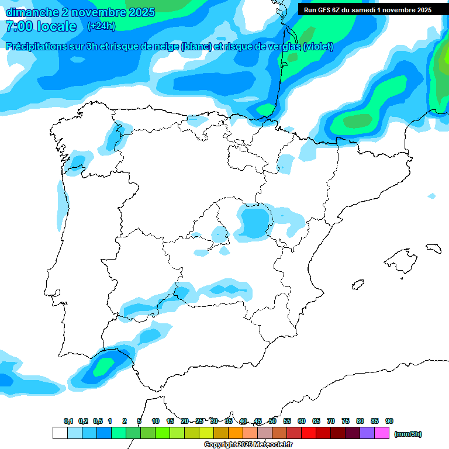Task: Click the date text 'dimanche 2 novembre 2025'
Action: point(80,12)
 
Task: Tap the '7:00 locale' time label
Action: point(41,26)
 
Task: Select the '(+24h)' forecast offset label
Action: point(101,26)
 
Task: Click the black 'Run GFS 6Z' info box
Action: point(368,9)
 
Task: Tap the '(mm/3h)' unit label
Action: point(407,434)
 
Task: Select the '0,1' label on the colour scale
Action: point(68,422)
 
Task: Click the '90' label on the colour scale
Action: point(389,422)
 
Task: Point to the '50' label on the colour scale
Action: point(272,422)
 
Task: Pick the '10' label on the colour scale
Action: point(156,422)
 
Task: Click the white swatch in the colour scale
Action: point(60,433)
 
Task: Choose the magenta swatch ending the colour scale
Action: point(382,433)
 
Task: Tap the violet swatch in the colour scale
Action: point(367,433)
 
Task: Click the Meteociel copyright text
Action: point(248,445)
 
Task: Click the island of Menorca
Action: point(433,248)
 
